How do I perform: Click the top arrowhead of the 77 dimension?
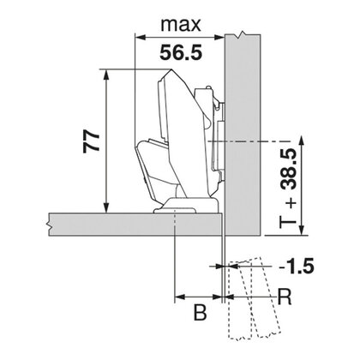[105, 75]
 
